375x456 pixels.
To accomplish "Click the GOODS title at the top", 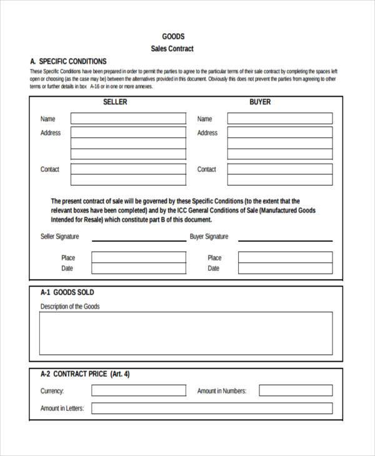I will [x=173, y=36].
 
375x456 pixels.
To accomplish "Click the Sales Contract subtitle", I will [x=172, y=49].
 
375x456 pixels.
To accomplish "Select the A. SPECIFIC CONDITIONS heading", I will [x=68, y=61].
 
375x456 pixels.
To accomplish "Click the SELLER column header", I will [x=115, y=102].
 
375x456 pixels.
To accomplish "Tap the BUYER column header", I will [x=260, y=102].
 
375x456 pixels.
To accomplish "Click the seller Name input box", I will [x=128, y=119].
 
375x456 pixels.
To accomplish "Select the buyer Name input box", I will [x=279, y=119].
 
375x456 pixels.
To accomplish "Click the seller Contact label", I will [x=50, y=169].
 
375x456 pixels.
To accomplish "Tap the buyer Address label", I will [x=207, y=133].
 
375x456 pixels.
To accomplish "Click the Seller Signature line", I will [x=138, y=240].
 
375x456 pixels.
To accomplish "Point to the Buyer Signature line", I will [x=285, y=240].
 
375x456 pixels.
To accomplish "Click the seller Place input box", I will [x=138, y=257].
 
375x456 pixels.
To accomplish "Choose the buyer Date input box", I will [x=285, y=269].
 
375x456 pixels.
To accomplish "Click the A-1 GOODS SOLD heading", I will [x=67, y=292].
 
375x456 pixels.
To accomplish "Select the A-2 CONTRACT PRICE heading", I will [x=85, y=375].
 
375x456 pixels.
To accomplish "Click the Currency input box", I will [x=138, y=390].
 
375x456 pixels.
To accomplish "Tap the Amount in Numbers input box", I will [x=296, y=390].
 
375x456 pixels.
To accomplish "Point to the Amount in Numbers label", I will [x=222, y=391].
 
